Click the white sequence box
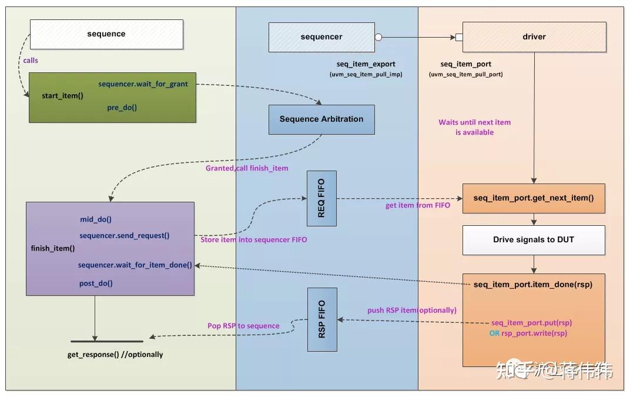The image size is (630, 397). pos(106,34)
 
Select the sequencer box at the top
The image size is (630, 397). pos(321,37)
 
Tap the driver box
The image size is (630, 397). pos(534,37)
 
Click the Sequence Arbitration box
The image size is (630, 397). pos(321,119)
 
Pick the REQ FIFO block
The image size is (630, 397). pos(321,199)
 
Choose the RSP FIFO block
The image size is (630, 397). pos(321,319)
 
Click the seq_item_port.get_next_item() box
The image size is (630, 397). pos(534,198)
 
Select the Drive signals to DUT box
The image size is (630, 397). pos(534,240)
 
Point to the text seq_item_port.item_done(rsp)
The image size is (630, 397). pos(532,285)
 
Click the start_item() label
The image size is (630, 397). pos(62,95)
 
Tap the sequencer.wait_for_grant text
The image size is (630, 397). pos(143,84)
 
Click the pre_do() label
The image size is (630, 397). pos(122,108)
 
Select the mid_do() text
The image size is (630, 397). pos(96,219)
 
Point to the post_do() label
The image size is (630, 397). pos(96,283)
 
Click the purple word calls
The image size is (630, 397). pos(31,61)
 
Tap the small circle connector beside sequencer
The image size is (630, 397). pos(378,37)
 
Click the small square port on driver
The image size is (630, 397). pos(459,37)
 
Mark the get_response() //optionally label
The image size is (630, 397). pos(115,355)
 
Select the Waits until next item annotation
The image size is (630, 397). pos(474,127)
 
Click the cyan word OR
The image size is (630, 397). pos(494,333)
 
